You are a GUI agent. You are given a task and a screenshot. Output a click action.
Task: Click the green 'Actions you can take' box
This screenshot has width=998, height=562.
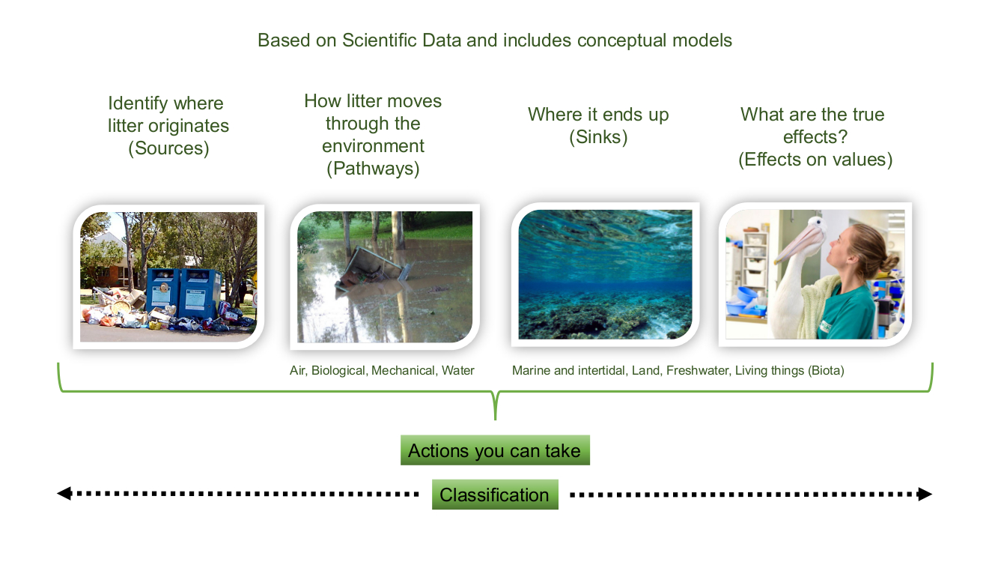click(x=495, y=450)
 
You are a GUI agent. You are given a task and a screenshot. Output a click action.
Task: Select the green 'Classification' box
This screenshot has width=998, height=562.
click(x=495, y=495)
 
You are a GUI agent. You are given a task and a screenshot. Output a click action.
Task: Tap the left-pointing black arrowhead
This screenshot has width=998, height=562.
click(x=64, y=493)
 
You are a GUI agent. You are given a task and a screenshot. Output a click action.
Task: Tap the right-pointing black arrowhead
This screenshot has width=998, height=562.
click(x=925, y=495)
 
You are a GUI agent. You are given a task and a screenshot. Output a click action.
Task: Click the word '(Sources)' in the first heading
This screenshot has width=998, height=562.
click(x=168, y=148)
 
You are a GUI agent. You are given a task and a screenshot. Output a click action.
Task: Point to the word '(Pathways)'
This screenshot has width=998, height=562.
click(x=373, y=168)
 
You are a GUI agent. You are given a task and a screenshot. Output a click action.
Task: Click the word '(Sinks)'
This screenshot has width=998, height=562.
click(x=598, y=137)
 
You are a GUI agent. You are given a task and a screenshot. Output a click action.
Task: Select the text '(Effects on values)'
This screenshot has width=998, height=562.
click(x=815, y=159)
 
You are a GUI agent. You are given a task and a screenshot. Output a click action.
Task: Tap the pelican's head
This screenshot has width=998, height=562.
click(x=814, y=226)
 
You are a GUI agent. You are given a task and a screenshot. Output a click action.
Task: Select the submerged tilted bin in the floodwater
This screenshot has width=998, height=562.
click(x=372, y=269)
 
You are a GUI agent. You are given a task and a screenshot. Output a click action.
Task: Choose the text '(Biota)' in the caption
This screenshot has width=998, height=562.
click(x=826, y=371)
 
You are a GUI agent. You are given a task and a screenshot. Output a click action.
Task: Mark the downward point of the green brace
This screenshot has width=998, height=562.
click(x=495, y=420)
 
